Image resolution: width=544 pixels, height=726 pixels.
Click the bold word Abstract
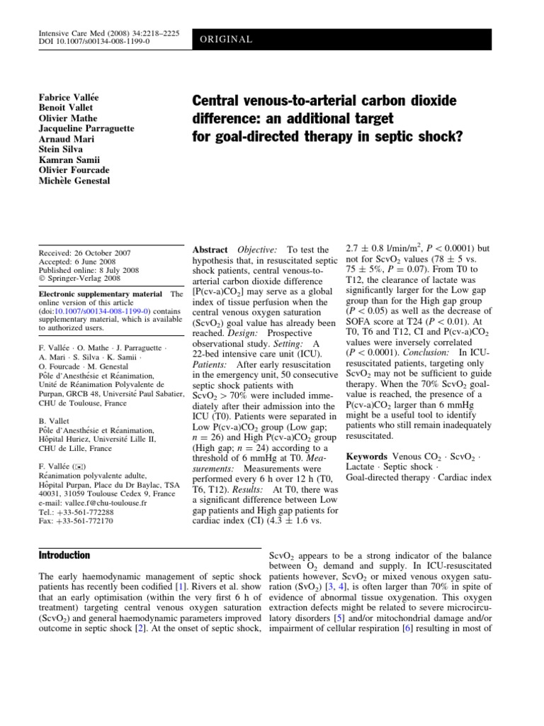[x=210, y=250]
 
